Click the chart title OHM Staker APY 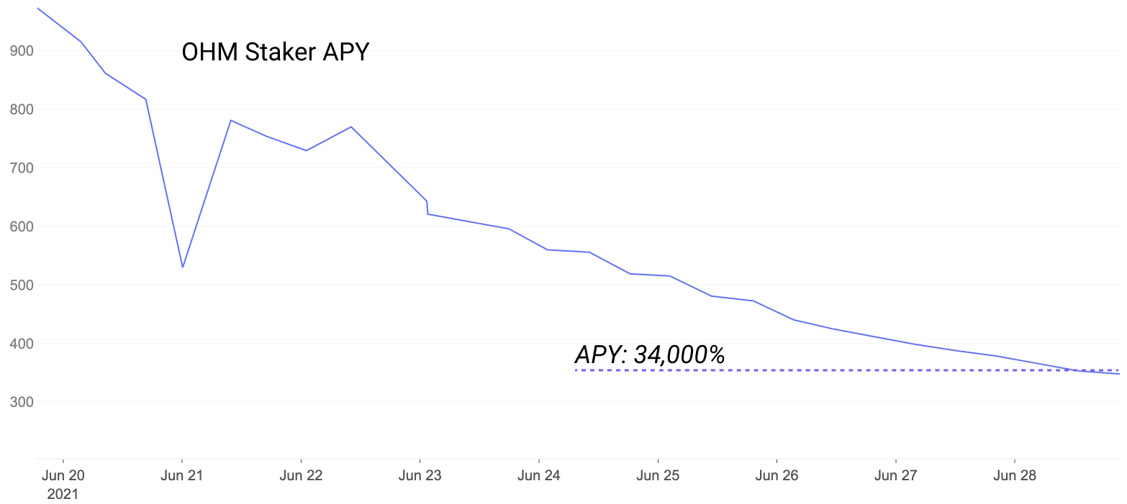point(275,52)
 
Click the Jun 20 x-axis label point(63,475)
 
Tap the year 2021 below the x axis point(63,494)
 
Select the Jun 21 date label point(182,475)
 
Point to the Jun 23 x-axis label point(420,475)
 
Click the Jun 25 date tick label point(658,475)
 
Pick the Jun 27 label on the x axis point(895,475)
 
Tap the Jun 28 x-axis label point(1014,475)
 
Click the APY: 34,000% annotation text point(649,354)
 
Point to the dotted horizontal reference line point(792,370)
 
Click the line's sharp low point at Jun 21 point(183,267)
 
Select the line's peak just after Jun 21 point(230,120)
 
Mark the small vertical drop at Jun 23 point(427,207)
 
